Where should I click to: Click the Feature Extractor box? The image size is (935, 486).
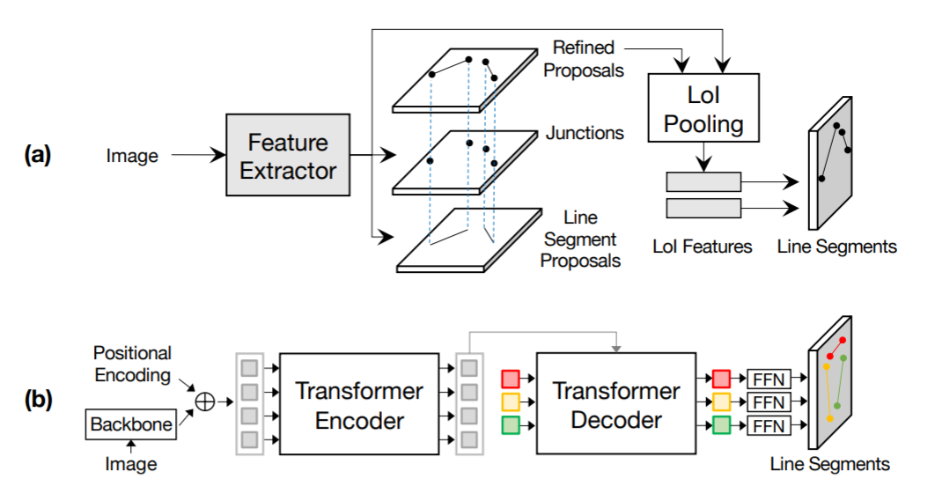(x=288, y=157)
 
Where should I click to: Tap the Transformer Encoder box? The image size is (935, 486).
(x=359, y=404)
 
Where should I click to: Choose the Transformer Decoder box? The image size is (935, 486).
(x=615, y=404)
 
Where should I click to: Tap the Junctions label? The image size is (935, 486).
(x=585, y=134)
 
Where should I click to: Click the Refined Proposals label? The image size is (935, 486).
(x=585, y=58)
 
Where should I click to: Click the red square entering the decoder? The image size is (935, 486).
(x=511, y=379)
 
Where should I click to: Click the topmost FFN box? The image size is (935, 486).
(x=769, y=379)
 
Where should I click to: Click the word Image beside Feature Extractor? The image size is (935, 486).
(x=132, y=157)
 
